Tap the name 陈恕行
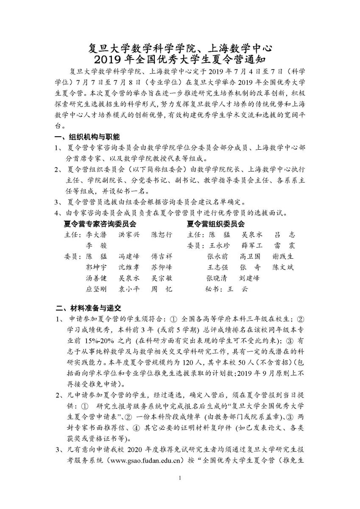(162, 235)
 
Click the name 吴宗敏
(162, 279)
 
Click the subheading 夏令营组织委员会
(215, 224)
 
